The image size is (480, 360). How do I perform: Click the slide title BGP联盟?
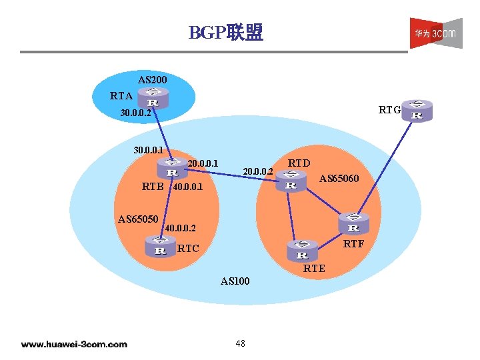pyautogui.click(x=226, y=32)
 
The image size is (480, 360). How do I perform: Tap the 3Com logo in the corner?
pyautogui.click(x=435, y=33)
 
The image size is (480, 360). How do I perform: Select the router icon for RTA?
pyautogui.click(x=153, y=98)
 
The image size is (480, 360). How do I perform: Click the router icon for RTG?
pyautogui.click(x=417, y=110)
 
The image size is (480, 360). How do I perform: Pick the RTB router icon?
pyautogui.click(x=171, y=167)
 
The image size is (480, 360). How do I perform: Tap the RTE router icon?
pyautogui.click(x=302, y=250)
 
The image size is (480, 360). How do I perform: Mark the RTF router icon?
pyautogui.click(x=354, y=223)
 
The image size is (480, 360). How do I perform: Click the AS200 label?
pyautogui.click(x=153, y=80)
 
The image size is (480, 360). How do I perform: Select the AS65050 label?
pyautogui.click(x=138, y=219)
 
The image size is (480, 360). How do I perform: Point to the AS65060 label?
pyautogui.click(x=339, y=179)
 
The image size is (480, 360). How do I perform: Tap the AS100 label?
pyautogui.click(x=235, y=281)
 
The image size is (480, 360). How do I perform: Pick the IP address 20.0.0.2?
pyautogui.click(x=258, y=172)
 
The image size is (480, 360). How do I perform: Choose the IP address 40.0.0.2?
pyautogui.click(x=181, y=230)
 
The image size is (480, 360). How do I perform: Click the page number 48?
pyautogui.click(x=240, y=343)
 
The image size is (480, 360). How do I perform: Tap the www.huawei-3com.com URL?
pyautogui.click(x=74, y=344)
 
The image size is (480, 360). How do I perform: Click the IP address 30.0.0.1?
pyautogui.click(x=151, y=151)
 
